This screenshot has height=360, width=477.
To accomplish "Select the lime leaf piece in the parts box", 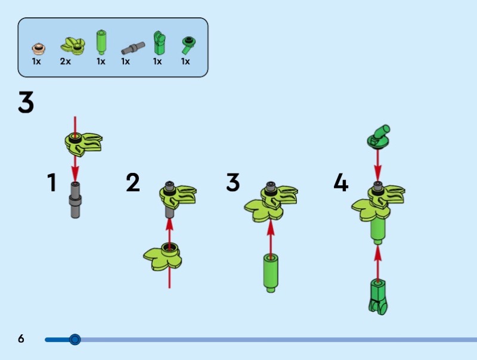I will click(70, 45).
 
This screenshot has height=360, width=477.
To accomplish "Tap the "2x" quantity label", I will click(65, 61).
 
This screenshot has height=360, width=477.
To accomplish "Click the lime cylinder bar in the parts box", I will click(101, 42).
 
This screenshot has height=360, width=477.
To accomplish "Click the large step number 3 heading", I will click(26, 103).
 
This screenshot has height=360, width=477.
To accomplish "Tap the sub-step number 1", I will click(52, 182).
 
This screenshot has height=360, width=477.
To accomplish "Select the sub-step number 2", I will click(133, 182).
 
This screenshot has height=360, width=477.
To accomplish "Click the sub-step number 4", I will click(340, 182).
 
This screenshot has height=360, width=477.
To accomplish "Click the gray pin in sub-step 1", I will click(75, 200).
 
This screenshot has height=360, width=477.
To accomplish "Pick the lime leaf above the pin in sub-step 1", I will click(83, 141).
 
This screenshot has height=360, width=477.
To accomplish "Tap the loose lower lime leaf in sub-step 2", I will click(163, 257).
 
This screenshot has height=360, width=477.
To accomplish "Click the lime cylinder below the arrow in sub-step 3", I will click(270, 273).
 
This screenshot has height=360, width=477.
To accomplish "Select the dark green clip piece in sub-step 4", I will click(377, 297).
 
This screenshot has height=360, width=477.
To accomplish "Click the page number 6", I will click(21, 339).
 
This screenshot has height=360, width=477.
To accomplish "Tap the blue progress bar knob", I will click(75, 340).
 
